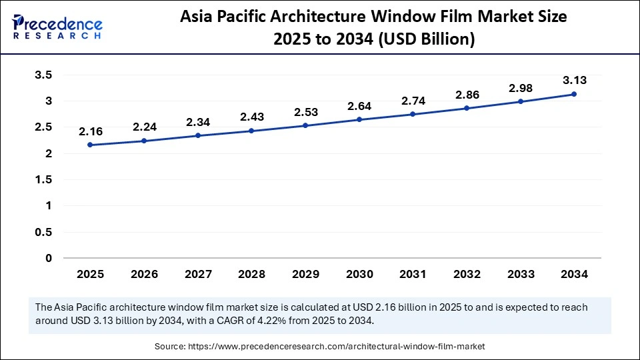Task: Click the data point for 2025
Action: (x=90, y=145)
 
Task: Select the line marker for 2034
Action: (x=574, y=94)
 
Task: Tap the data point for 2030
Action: (x=359, y=119)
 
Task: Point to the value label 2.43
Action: (x=251, y=117)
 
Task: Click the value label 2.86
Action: (x=467, y=94)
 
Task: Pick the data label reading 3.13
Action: (x=574, y=80)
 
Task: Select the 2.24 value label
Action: (x=144, y=127)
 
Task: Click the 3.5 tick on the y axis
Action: (x=43, y=75)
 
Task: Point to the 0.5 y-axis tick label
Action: (x=43, y=232)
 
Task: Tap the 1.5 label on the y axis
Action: (x=43, y=180)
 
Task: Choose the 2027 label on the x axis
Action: (x=197, y=274)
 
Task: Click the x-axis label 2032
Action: (x=467, y=274)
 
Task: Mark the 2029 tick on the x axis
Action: (x=305, y=274)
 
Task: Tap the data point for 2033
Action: (x=520, y=101)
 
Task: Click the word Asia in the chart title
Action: (x=201, y=17)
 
